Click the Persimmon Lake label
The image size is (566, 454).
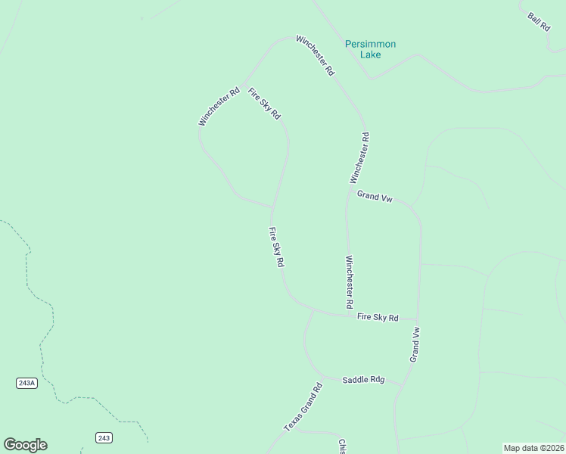tap(371, 49)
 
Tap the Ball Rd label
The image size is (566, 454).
tap(539, 20)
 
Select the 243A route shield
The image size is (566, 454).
tap(26, 383)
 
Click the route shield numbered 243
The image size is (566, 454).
tap(104, 437)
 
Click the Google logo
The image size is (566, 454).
tap(25, 445)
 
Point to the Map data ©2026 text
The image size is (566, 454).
tap(533, 448)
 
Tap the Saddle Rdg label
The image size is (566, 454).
tap(363, 380)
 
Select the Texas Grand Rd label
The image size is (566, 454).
tap(303, 407)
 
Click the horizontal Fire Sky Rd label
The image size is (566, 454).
tap(378, 318)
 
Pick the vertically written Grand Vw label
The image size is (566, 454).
tap(415, 344)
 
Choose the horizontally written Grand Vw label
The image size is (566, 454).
tap(375, 197)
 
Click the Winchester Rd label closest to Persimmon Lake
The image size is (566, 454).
tap(315, 54)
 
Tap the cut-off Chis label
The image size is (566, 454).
tap(342, 446)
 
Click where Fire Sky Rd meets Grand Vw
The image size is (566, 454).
tap(418, 319)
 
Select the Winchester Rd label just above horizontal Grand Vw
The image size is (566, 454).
tap(359, 158)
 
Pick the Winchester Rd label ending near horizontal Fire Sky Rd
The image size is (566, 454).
tap(350, 281)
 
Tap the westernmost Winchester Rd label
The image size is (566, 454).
tap(219, 105)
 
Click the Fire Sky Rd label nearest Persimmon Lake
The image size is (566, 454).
tap(265, 104)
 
